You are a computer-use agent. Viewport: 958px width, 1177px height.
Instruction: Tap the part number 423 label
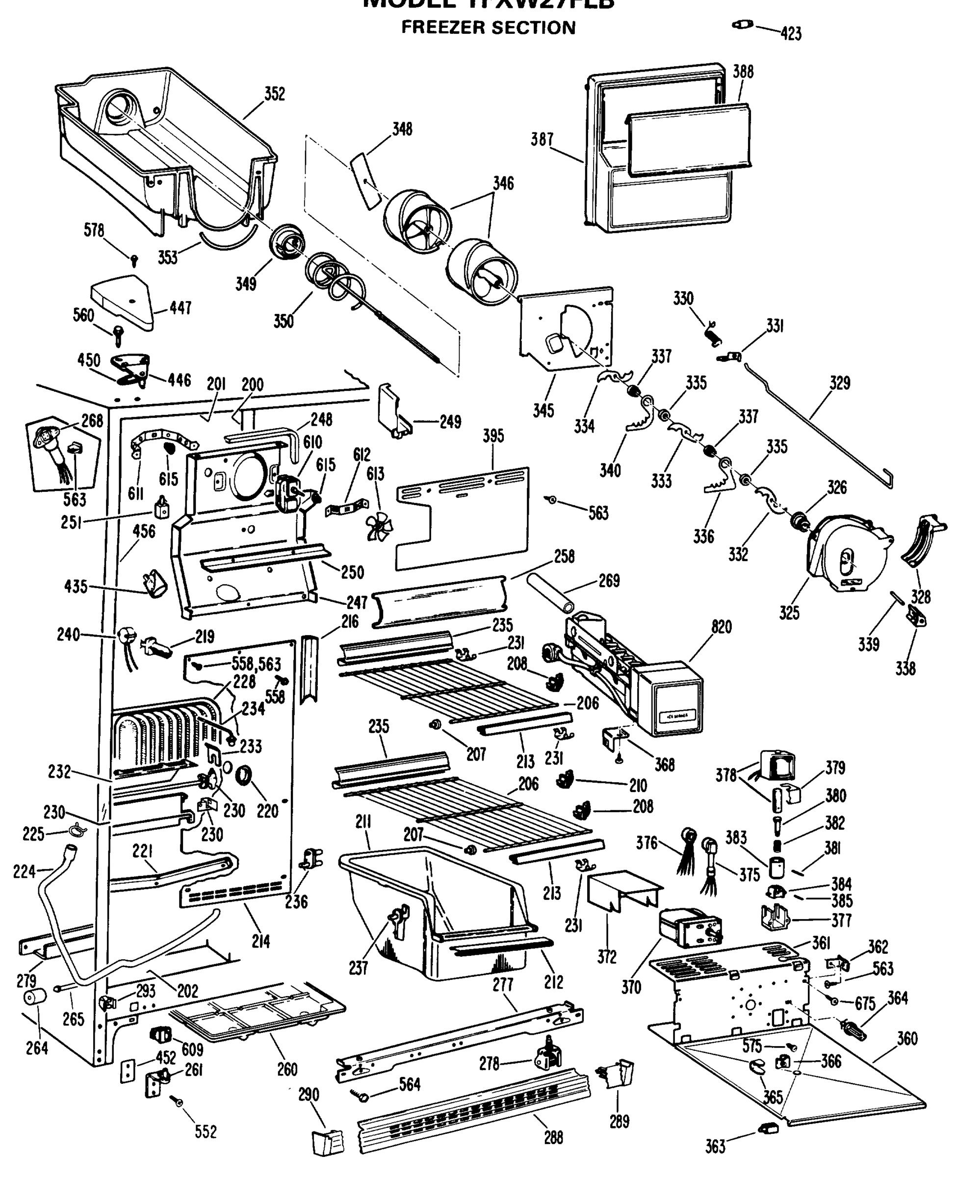tap(791, 34)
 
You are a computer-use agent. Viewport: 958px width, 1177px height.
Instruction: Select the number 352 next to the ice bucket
tap(274, 94)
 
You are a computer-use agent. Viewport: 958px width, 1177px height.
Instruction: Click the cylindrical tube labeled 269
tap(551, 594)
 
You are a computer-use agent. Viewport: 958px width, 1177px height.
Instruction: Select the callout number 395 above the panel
tap(493, 436)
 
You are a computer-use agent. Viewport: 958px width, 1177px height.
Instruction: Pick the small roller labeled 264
tap(35, 998)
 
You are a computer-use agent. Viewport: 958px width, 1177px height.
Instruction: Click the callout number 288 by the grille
tap(553, 1138)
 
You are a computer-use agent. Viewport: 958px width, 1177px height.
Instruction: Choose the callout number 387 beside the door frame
tap(542, 140)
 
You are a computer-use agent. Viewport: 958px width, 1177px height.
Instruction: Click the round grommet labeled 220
tap(243, 775)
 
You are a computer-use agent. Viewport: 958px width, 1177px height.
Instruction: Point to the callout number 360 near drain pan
tap(906, 1039)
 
